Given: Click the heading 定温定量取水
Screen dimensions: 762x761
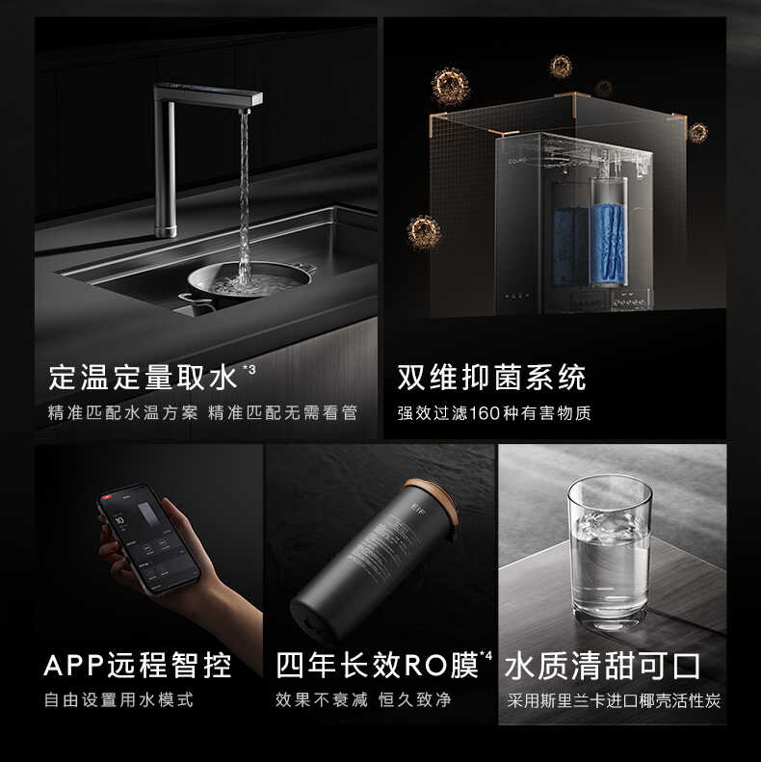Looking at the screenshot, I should (143, 377).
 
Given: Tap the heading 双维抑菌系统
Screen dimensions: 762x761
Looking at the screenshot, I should (491, 377).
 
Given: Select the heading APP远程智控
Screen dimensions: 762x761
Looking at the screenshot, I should (138, 665).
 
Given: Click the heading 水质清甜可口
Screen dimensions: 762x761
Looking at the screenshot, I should (603, 665).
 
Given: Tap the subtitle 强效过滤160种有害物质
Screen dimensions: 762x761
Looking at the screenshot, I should (494, 413).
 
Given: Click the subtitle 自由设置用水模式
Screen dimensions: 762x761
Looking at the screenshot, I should (119, 700).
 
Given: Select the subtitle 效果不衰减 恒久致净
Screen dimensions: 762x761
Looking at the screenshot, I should (363, 700).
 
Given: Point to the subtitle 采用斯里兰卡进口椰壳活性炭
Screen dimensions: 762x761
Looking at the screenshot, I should (614, 700).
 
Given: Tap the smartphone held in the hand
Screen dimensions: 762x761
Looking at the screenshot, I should (148, 539).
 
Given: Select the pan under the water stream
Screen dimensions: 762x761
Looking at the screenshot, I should (249, 281).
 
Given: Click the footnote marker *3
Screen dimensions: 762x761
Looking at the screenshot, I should (249, 368).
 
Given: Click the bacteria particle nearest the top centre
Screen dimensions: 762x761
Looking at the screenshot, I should (561, 66).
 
